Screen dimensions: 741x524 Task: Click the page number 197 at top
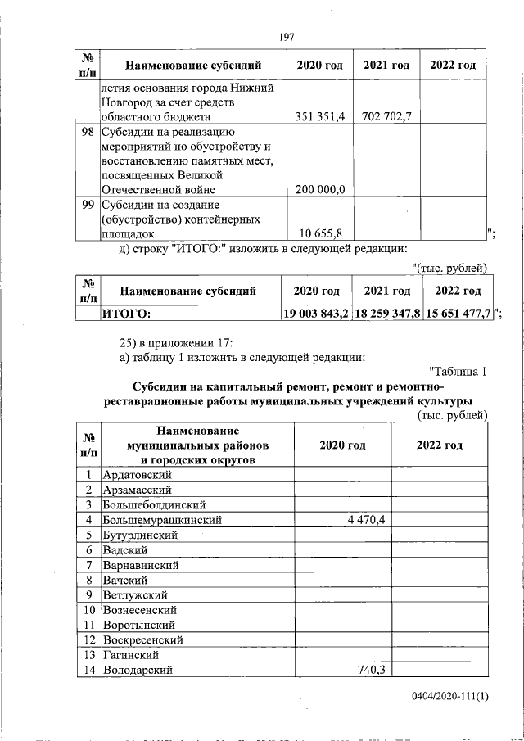tap(287, 36)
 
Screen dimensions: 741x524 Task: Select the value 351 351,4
tap(320, 116)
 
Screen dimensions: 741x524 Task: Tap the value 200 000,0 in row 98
tap(319, 190)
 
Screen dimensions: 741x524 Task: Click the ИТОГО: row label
tap(127, 313)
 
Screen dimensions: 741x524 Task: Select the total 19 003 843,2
tap(317, 313)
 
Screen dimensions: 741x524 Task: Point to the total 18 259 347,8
tap(387, 313)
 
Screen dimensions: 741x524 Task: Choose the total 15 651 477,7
tap(458, 313)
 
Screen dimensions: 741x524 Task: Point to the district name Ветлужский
tap(134, 594)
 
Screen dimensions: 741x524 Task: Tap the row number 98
tap(87, 131)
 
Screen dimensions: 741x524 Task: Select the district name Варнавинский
tap(140, 565)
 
